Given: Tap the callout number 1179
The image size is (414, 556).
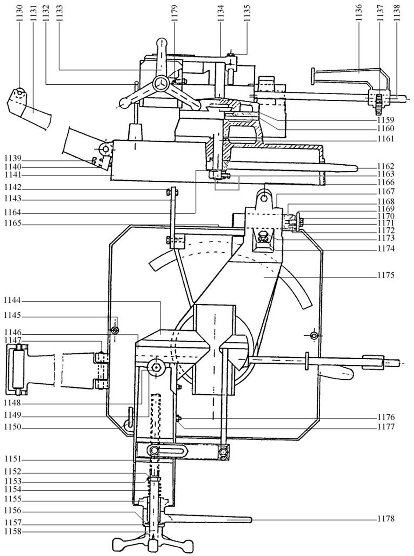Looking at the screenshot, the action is point(174,14).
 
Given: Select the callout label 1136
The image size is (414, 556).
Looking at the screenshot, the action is point(358,14).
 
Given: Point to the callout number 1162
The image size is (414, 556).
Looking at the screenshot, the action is point(386,166).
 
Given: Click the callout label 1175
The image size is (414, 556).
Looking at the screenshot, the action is point(386,275).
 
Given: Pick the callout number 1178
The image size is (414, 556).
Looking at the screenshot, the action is point(386,519).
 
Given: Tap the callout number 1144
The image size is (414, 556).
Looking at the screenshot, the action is point(13,301).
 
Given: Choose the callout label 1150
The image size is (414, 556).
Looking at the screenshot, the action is point(13,427).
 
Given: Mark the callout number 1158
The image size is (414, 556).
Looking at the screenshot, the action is point(13,532).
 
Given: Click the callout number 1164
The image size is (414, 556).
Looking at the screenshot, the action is point(13,213).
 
